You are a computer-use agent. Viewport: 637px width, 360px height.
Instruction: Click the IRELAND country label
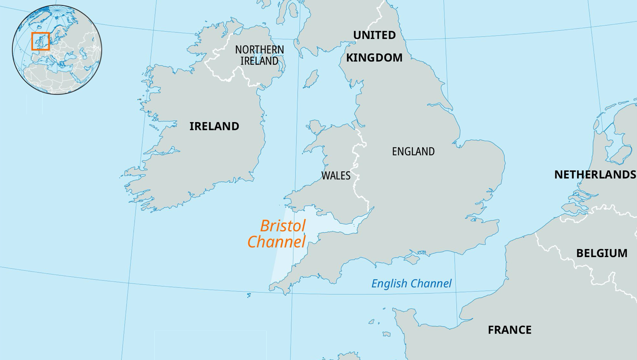coord(214,126)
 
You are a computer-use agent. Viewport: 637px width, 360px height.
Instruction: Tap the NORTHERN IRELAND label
coord(259,56)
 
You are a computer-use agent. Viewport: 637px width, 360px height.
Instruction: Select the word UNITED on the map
coord(374,35)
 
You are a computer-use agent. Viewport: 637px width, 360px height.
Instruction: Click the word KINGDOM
coord(374,58)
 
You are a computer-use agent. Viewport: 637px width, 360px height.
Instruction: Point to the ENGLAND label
coord(413,152)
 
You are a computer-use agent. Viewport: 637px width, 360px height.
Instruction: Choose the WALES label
coord(336,176)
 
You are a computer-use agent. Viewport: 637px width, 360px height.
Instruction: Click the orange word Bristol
coord(282,226)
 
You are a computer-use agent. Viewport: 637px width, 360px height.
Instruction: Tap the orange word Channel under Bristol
coord(276,242)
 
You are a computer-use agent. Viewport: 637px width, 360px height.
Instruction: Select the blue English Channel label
coord(411,284)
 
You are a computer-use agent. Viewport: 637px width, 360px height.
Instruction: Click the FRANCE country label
coord(510,330)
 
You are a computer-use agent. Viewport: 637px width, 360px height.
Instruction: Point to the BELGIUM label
coord(602,253)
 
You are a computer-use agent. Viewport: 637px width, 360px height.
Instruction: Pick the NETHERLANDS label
coord(595,175)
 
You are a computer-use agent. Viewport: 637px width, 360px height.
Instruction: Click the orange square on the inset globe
coord(41,41)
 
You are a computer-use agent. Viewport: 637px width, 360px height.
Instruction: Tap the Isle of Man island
coord(311,79)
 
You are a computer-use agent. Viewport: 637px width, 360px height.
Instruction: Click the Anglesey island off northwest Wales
coord(315,127)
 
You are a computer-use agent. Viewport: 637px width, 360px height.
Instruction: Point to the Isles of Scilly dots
coord(249,295)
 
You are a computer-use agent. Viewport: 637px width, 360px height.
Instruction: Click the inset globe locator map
coord(57,50)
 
